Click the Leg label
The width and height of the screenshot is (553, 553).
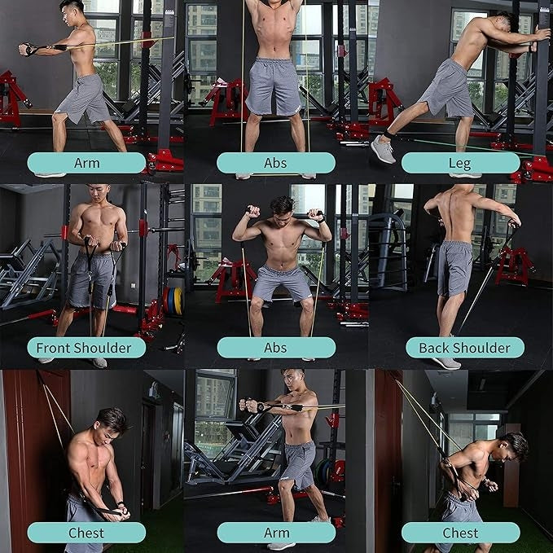[460, 163]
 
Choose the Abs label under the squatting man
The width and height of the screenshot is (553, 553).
[275, 348]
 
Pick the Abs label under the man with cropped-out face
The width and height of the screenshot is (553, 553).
[275, 163]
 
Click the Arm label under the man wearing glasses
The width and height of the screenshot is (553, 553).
[276, 533]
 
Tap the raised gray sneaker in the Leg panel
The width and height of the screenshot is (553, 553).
[382, 148]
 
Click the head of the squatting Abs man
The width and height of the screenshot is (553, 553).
[281, 208]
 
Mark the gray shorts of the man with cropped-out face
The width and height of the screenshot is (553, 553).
[274, 85]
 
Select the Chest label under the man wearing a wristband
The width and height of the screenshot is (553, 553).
[86, 533]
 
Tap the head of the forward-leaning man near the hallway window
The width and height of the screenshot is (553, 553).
[514, 445]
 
